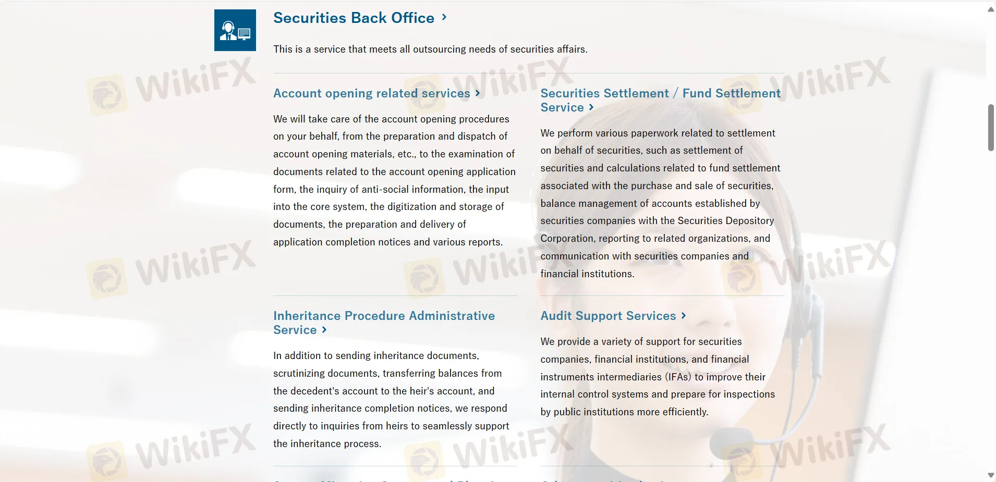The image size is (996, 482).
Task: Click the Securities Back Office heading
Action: (x=354, y=18)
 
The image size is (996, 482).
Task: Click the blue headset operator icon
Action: (x=235, y=30)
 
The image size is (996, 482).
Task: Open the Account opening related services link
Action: (x=371, y=93)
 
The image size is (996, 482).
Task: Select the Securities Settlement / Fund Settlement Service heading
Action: (x=660, y=100)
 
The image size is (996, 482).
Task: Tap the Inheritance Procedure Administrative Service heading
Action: (x=384, y=323)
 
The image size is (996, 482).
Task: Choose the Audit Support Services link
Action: (x=608, y=316)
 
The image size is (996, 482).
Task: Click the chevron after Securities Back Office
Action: (x=444, y=17)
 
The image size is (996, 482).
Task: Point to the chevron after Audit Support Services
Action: (x=684, y=316)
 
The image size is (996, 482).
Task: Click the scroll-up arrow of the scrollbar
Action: (x=991, y=9)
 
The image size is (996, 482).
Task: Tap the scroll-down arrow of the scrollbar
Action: (x=991, y=475)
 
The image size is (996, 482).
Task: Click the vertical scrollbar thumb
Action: (x=991, y=128)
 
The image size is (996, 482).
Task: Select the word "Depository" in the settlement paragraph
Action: (x=749, y=221)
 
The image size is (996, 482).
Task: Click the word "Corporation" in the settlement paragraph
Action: (x=567, y=239)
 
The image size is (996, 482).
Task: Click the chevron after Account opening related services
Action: (x=478, y=93)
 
